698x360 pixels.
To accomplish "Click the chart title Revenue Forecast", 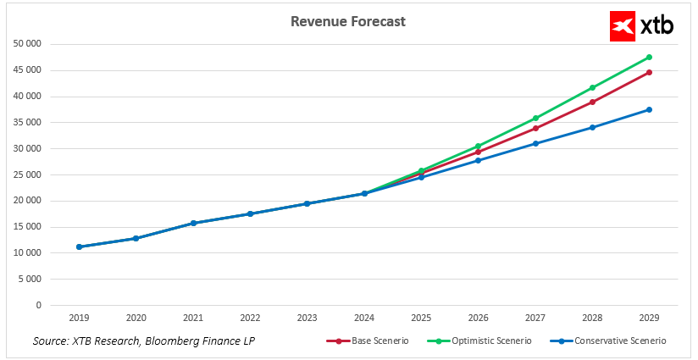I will (x=347, y=21).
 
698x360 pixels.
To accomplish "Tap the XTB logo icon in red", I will (x=623, y=26).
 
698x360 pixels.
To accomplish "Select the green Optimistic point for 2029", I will (x=649, y=58).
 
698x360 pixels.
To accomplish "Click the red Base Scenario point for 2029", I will (x=649, y=72).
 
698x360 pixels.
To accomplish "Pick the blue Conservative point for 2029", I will (x=649, y=109).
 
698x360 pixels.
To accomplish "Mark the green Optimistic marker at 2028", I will (x=592, y=87).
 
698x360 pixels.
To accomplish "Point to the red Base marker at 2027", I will (x=535, y=129).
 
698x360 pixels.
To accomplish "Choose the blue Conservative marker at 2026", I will (x=479, y=160).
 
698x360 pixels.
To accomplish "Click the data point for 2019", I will (x=79, y=246).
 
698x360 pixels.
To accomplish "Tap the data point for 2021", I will (x=193, y=223).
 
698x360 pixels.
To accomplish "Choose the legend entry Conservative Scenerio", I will (x=614, y=341).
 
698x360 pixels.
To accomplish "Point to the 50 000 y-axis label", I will (x=28, y=44).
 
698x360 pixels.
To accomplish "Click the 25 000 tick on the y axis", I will (x=28, y=174).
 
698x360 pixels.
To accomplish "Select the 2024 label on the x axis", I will (x=364, y=318).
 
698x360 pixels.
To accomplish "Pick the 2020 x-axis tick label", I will (x=136, y=318).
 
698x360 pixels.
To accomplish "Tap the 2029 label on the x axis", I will (x=649, y=318).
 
